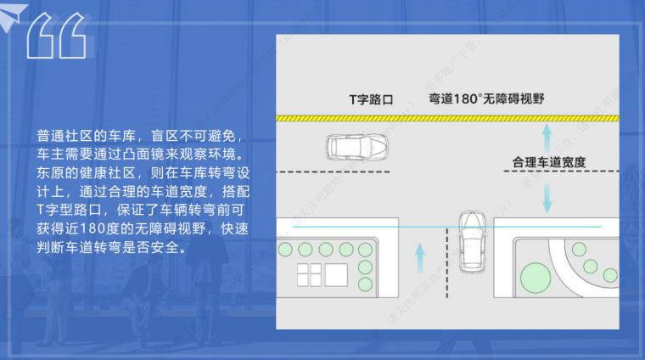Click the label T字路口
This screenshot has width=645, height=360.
pyautogui.click(x=372, y=98)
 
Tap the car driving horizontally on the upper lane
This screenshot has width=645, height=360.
pyautogui.click(x=360, y=148)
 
